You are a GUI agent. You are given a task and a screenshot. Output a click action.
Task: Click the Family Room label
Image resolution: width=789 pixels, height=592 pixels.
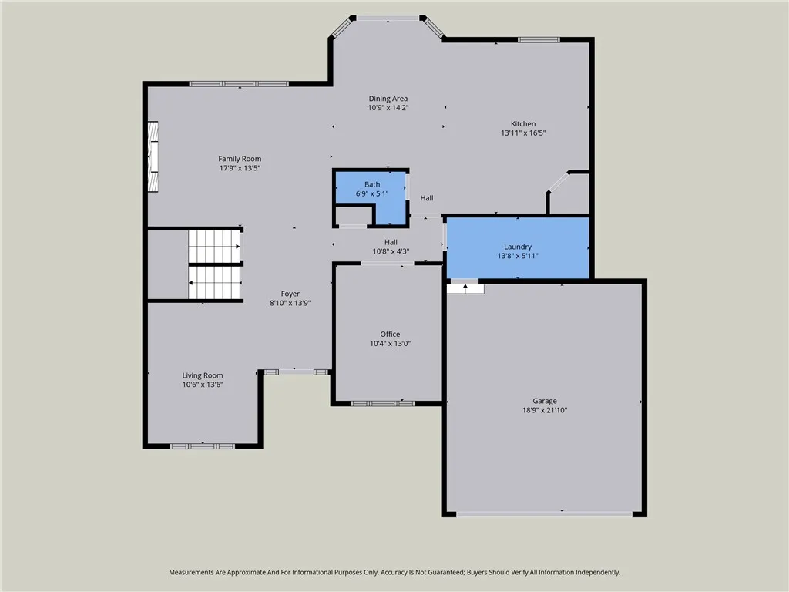click(240, 159)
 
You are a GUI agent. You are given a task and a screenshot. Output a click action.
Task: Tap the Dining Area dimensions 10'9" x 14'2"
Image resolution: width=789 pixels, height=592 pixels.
click(388, 108)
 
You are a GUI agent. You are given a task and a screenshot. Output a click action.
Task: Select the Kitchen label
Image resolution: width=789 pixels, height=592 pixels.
click(523, 123)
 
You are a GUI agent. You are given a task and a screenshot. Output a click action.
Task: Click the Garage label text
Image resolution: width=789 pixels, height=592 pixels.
click(544, 401)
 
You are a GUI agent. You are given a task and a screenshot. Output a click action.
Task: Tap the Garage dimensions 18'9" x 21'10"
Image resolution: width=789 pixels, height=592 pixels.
click(544, 411)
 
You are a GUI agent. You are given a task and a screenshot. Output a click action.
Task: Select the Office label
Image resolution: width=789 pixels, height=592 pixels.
click(390, 334)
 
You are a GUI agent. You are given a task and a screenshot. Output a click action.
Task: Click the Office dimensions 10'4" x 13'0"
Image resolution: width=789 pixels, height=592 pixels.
click(390, 344)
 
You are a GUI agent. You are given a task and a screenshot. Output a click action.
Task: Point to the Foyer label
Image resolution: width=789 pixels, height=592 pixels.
click(290, 294)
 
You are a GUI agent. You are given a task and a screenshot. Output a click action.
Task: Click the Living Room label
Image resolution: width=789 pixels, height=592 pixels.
click(203, 375)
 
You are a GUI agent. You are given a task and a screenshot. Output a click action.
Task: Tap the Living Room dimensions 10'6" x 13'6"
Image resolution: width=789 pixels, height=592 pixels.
click(203, 385)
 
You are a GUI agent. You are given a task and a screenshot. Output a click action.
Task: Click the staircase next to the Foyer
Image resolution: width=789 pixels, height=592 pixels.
click(215, 264)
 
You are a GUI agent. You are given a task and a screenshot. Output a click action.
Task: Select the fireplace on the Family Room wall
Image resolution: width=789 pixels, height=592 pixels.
click(153, 156)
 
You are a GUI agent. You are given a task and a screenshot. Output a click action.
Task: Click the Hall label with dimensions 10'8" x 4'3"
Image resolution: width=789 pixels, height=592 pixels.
click(391, 246)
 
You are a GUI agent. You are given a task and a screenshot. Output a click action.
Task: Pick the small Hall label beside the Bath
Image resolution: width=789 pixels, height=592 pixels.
click(426, 198)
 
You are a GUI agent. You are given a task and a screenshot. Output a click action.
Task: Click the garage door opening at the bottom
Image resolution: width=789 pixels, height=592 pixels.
click(544, 513)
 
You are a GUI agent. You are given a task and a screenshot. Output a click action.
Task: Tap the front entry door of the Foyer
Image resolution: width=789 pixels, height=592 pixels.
click(296, 372)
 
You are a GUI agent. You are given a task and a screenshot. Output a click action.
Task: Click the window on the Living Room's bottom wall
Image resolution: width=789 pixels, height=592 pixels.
click(203, 446)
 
